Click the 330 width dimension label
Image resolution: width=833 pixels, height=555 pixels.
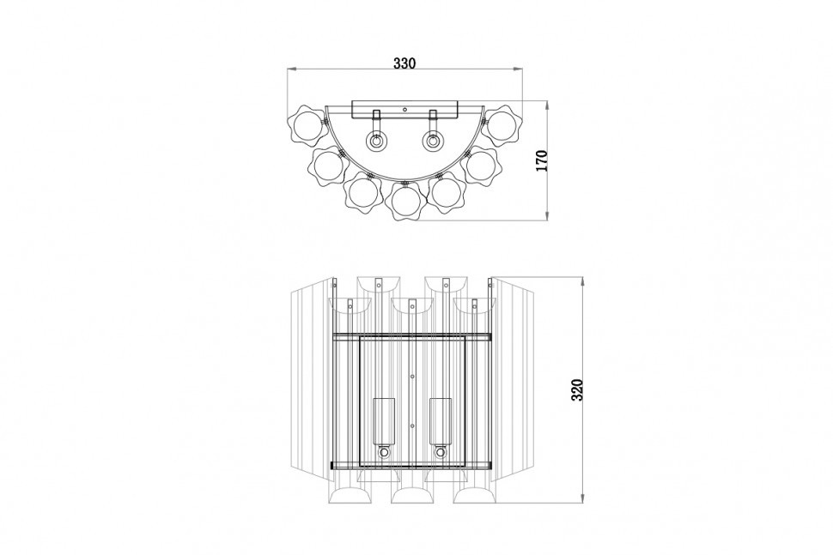click(404, 63)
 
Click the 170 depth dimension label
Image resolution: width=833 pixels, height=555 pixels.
click(541, 160)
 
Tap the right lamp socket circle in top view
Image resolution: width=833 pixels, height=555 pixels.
click(433, 142)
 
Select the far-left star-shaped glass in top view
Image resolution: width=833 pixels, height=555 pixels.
click(305, 126)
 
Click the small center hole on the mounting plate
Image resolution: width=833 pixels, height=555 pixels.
click(404, 110)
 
